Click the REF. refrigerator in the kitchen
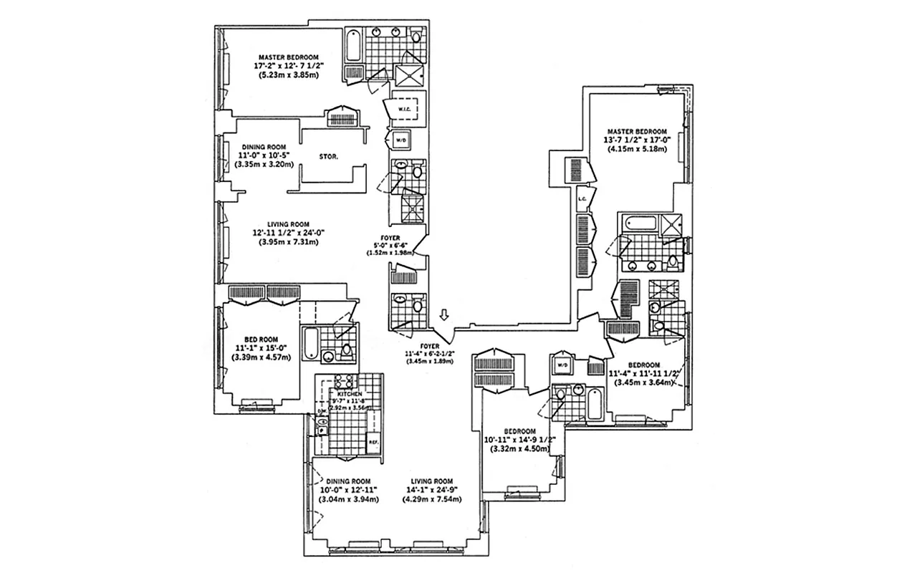point(373,442)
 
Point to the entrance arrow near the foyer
point(445,314)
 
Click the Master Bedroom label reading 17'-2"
point(289,57)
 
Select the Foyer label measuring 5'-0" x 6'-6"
point(391,238)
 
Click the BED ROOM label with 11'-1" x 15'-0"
point(261,340)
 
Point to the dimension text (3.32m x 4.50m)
point(520,449)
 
